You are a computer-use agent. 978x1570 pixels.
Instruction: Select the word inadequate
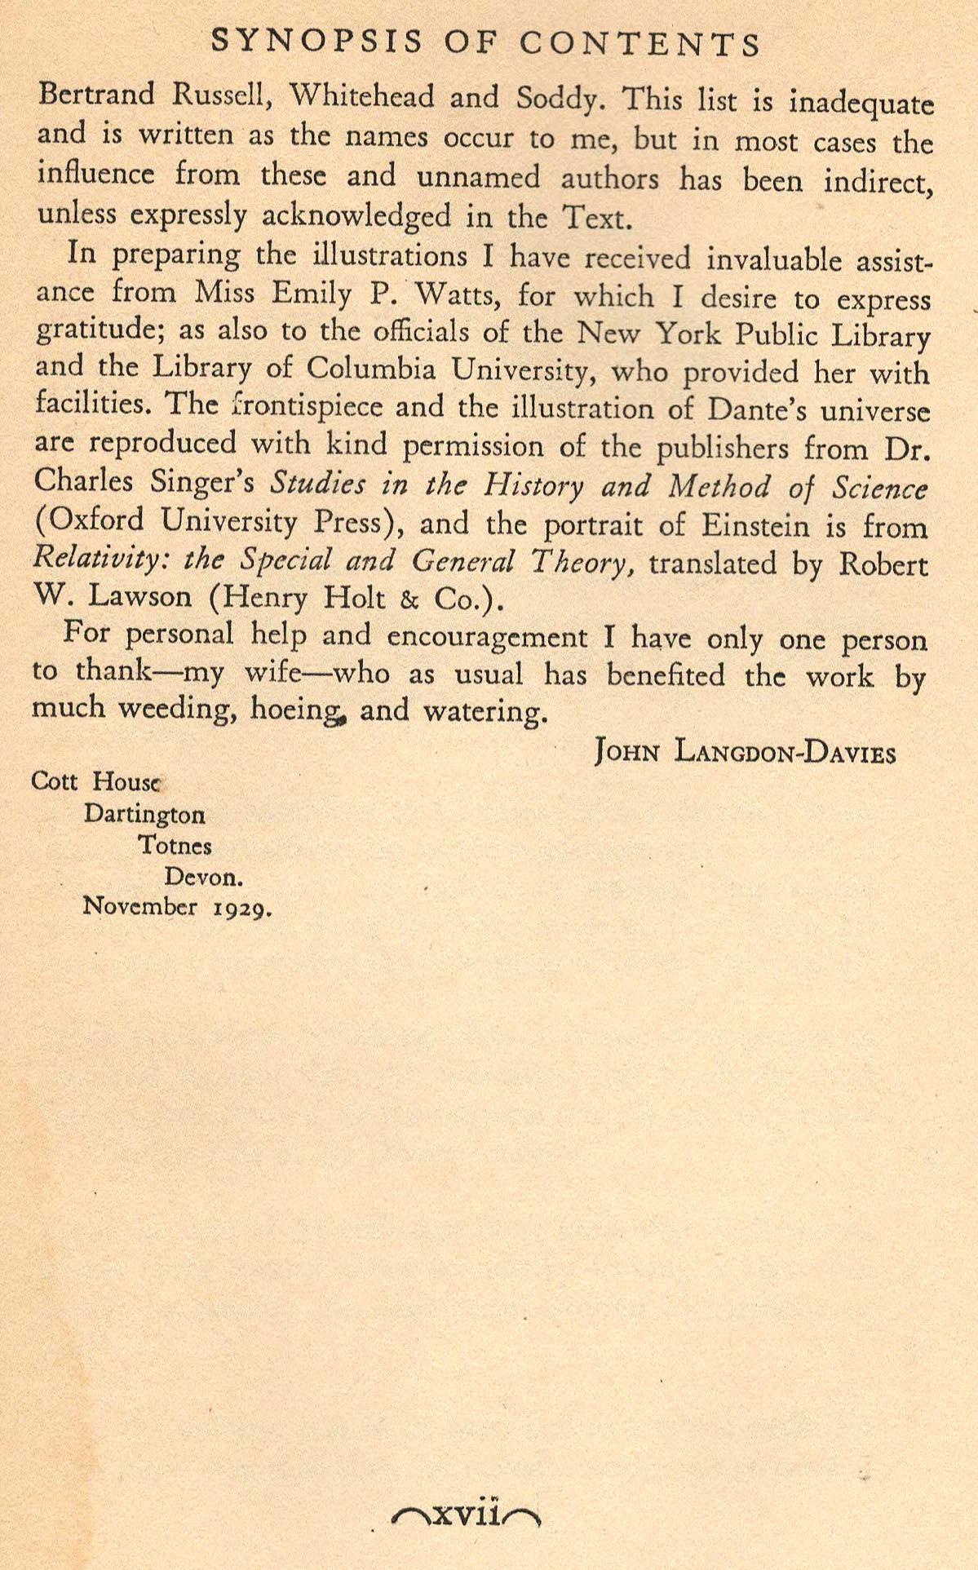click(861, 106)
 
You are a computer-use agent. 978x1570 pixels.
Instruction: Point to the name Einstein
click(750, 526)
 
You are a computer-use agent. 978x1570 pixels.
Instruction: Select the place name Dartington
click(144, 814)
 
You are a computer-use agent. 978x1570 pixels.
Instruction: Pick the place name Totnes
click(175, 846)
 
